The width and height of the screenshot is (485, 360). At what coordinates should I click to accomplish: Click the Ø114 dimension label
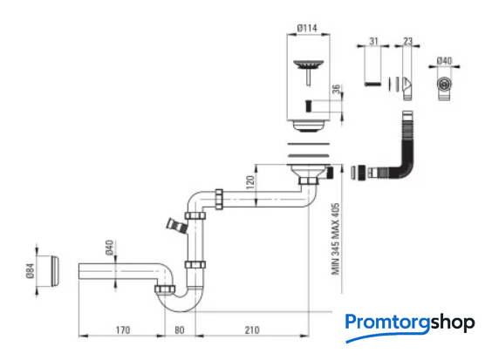click(x=307, y=28)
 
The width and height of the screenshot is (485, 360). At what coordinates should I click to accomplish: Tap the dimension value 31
click(x=373, y=41)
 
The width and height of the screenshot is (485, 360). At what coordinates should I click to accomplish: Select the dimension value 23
click(x=408, y=41)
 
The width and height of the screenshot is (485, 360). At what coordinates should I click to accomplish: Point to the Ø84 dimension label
click(x=31, y=271)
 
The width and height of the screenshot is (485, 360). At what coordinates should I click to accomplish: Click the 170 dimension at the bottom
click(x=123, y=330)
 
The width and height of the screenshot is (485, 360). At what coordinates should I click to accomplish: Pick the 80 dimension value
click(x=180, y=330)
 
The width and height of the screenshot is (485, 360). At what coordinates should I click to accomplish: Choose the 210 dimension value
click(x=252, y=330)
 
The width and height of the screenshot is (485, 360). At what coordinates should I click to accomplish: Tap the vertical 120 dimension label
click(x=250, y=182)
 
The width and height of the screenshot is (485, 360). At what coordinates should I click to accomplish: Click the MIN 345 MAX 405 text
click(x=336, y=239)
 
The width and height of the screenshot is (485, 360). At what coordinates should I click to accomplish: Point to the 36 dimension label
click(x=336, y=89)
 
